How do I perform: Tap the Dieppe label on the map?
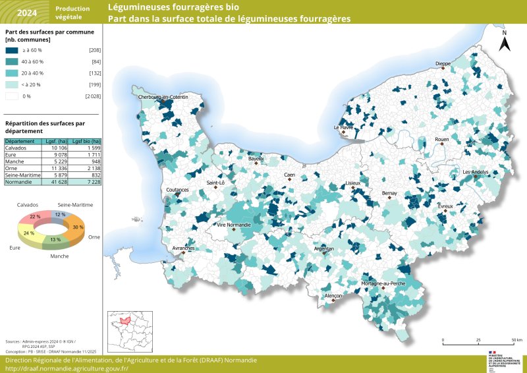[x=443, y=64]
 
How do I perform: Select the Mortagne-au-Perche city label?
[x=383, y=283]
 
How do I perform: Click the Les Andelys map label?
[x=476, y=172]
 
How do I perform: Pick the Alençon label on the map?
[x=333, y=297]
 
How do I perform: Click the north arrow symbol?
[x=504, y=42]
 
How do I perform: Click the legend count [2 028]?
[x=92, y=96]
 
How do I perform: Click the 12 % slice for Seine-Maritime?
[x=61, y=215]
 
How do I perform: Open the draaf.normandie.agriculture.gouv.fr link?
[x=67, y=368]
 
